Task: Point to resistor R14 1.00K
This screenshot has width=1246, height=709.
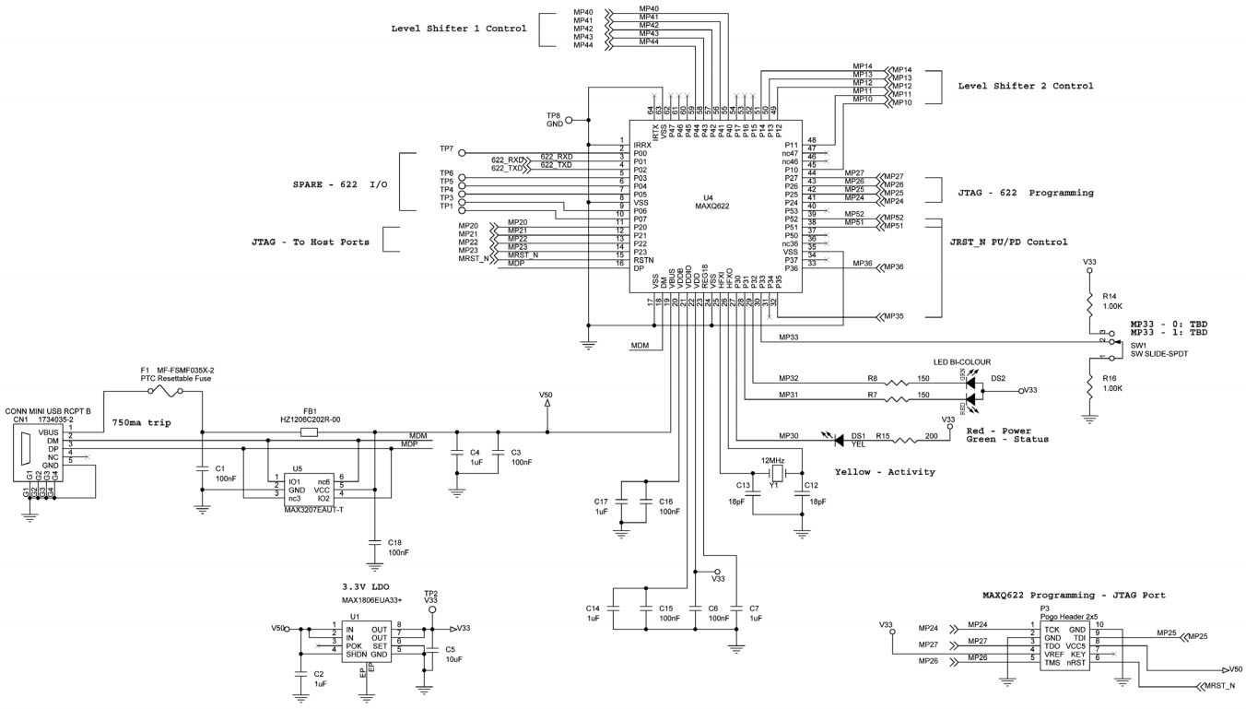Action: click(1090, 301)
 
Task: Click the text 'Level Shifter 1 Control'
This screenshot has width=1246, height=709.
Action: click(459, 29)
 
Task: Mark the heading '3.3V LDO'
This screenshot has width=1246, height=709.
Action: click(368, 585)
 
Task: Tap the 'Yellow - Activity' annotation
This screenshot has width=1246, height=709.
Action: click(884, 471)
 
